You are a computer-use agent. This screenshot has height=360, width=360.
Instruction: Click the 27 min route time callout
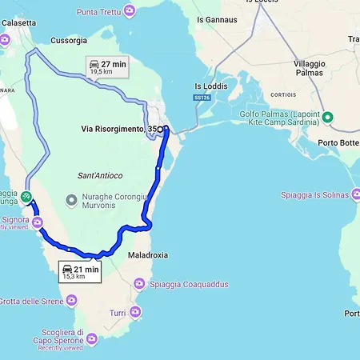[x=107, y=66]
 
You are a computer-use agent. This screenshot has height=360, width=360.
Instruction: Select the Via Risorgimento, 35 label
[x=118, y=129]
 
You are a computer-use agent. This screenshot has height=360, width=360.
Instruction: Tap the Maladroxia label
[x=146, y=255]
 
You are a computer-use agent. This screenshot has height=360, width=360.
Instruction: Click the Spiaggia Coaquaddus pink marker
[x=139, y=284]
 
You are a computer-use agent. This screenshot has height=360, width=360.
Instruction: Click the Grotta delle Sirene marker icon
[x=73, y=301]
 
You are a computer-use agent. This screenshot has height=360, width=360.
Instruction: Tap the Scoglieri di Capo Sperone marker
[x=92, y=340]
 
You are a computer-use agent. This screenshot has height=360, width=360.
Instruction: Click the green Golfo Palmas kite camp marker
[x=328, y=117]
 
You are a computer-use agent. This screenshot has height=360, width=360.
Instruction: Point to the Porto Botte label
[x=337, y=143]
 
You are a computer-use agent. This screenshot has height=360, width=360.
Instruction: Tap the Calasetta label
[x=18, y=23]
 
